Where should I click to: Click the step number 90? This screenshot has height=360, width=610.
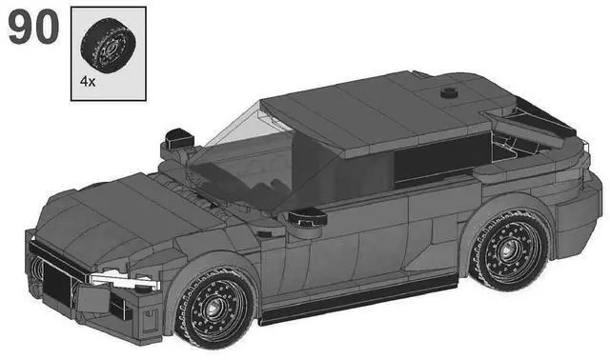[x=33, y=29]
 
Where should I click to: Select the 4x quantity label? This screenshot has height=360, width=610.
[x=88, y=83]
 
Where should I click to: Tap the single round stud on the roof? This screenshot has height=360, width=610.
[x=447, y=93]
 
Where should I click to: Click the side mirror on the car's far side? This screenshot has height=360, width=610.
[x=177, y=139]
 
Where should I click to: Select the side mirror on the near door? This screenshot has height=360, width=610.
[x=308, y=219]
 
